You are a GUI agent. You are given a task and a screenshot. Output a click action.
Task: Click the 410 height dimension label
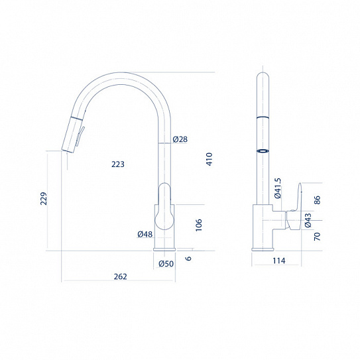(x=210, y=159)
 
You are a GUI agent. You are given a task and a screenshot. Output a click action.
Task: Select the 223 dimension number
(x=118, y=164)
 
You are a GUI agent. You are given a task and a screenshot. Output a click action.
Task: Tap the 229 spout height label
(x=43, y=198)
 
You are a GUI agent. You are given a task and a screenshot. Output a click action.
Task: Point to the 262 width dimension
(x=120, y=276)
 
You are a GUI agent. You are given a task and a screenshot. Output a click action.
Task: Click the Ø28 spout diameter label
(x=180, y=139)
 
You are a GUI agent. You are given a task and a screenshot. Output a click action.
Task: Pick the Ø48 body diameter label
(x=145, y=234)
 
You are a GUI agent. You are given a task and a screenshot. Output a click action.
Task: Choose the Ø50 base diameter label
(x=166, y=264)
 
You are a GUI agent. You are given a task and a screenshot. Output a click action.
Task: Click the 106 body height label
(x=199, y=225)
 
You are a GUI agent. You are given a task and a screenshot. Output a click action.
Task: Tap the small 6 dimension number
(x=188, y=259)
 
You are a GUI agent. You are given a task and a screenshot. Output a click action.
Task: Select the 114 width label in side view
(x=279, y=261)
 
